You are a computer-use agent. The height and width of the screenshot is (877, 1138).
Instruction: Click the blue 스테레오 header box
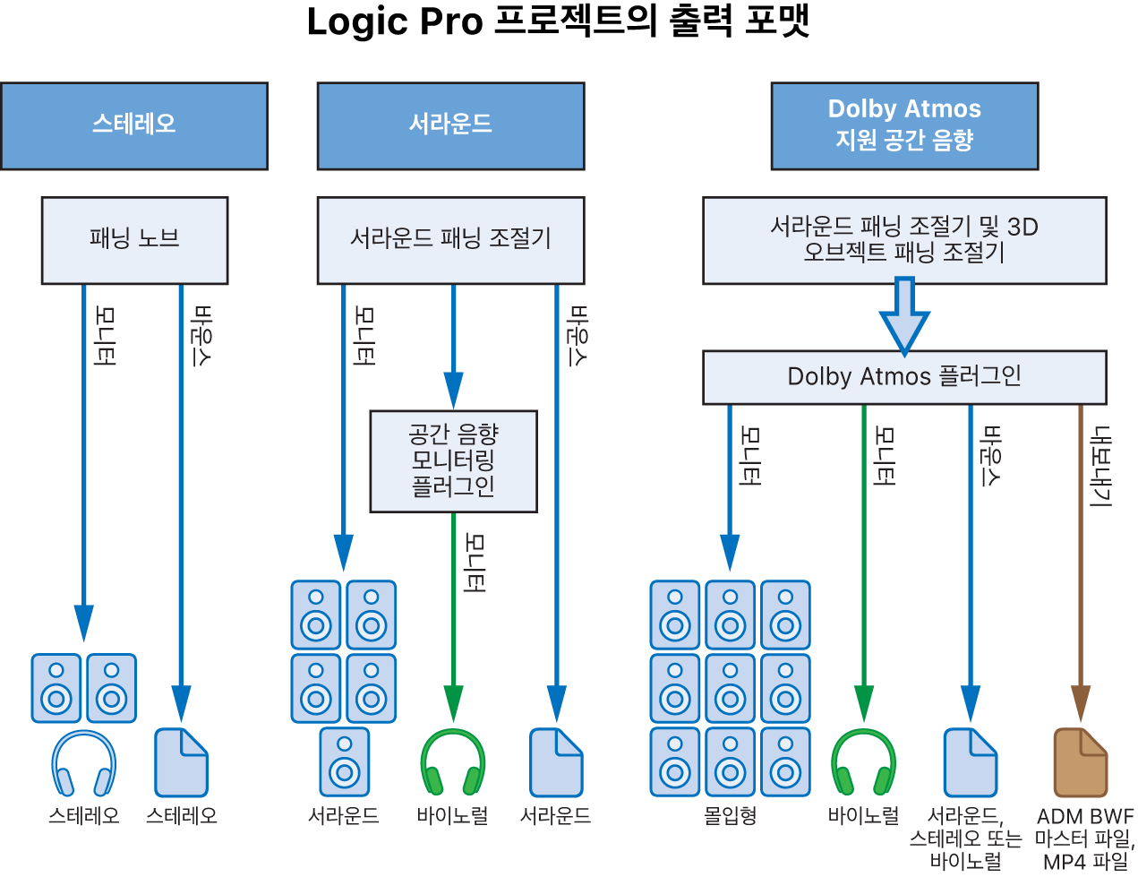click(x=134, y=125)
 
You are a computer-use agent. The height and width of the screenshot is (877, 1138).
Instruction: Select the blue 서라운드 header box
click(x=451, y=125)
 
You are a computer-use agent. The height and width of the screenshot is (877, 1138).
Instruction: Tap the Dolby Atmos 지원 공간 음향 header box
click(x=904, y=125)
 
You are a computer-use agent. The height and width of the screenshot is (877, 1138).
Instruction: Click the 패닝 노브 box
click(x=134, y=240)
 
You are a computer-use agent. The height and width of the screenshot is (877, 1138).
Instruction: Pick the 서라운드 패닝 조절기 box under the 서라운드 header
click(x=451, y=240)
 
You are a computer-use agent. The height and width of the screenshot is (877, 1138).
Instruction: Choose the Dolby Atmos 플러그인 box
click(x=904, y=377)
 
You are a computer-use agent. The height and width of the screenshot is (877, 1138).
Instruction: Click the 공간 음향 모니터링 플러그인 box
click(x=454, y=461)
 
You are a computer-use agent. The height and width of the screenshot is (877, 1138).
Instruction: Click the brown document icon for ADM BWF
click(x=1081, y=762)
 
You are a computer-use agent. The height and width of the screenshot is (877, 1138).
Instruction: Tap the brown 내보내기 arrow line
click(x=1081, y=563)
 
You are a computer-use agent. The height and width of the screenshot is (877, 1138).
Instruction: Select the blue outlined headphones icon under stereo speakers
click(x=84, y=763)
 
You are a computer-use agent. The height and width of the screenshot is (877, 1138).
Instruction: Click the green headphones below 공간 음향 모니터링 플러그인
click(x=453, y=763)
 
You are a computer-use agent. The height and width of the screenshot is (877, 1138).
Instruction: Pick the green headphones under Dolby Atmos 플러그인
click(x=864, y=763)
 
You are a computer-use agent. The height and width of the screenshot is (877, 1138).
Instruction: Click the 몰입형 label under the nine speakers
click(x=730, y=815)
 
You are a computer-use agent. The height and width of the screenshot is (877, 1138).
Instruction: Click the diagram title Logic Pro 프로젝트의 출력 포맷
click(x=559, y=21)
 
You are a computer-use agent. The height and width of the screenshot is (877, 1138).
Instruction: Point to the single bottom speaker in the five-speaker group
click(x=344, y=761)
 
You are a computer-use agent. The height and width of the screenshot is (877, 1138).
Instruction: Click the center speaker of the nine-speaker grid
click(x=730, y=688)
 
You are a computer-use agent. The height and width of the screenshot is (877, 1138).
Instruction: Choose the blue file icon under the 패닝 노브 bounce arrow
click(x=181, y=762)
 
